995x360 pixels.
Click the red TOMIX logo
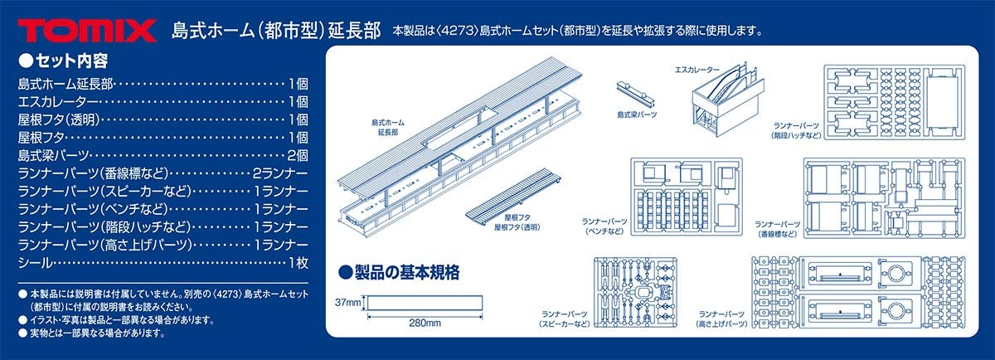(x=86, y=31)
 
